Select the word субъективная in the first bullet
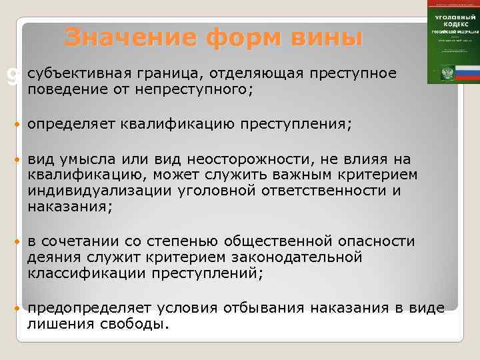(74, 73)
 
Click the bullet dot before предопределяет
(16, 308)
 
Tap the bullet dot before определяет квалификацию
(16, 124)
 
